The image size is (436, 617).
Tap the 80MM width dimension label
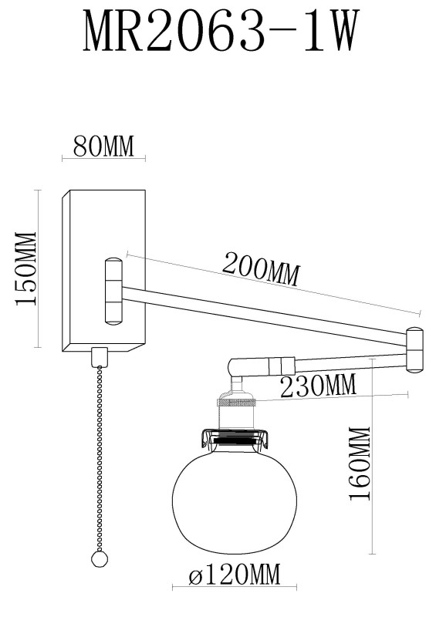click(x=103, y=146)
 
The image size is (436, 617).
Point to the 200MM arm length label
click(x=260, y=269)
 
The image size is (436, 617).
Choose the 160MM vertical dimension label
click(x=360, y=464)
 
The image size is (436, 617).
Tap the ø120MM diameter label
click(x=234, y=575)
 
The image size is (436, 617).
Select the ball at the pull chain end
click(x=98, y=559)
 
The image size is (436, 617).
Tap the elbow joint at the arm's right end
click(x=414, y=349)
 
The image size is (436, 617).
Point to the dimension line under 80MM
click(x=103, y=159)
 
